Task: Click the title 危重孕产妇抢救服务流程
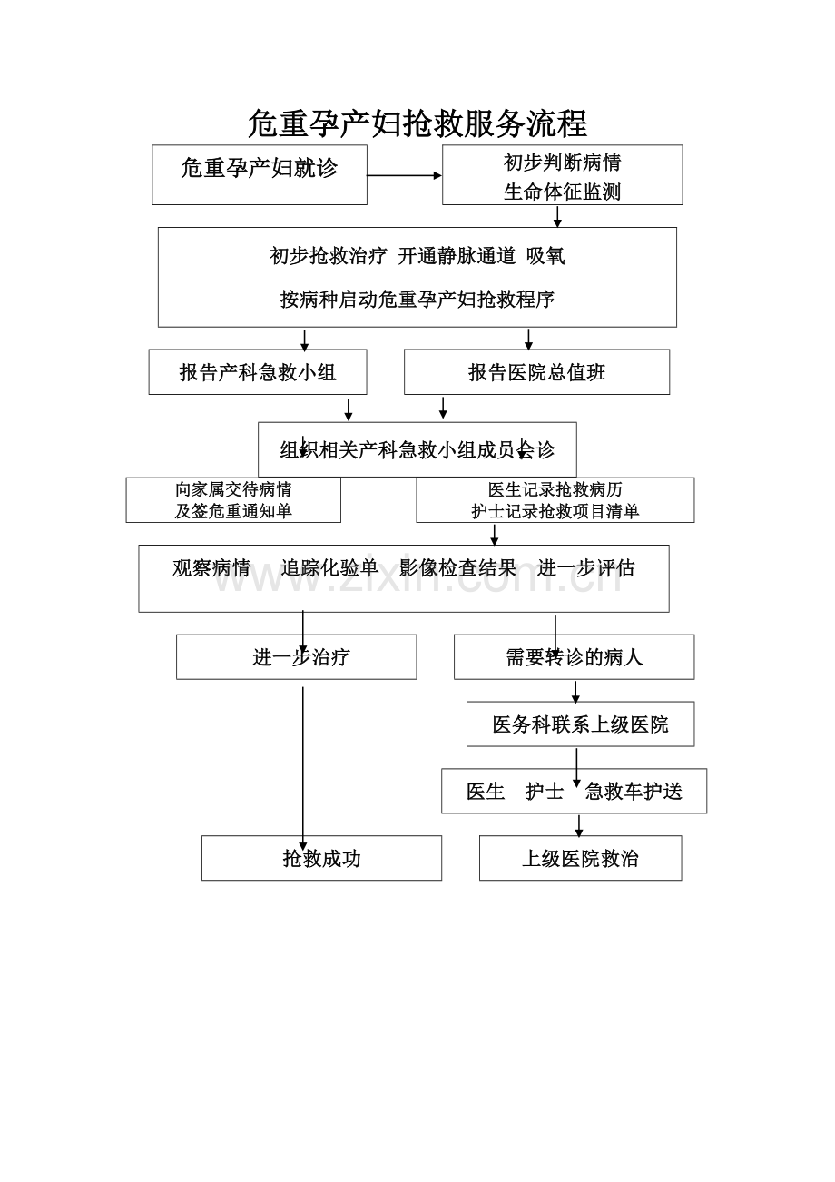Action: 417,123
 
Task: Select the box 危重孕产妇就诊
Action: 260,174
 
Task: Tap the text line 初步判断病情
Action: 562,163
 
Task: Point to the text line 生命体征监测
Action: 562,192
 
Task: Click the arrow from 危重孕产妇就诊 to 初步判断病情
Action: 404,175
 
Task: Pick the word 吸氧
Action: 545,256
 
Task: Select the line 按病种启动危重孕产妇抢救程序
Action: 417,300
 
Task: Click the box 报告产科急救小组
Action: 258,372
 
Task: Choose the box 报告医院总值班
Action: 536,372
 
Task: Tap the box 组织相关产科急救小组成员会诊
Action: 417,449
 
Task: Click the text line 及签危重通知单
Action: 233,511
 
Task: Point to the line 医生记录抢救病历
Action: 555,490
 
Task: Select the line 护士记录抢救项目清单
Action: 555,511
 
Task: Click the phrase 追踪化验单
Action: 329,568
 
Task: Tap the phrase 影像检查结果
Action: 457,568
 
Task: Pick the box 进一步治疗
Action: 296,657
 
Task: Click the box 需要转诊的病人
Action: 574,657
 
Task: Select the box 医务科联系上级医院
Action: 580,724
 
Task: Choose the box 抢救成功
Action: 321,858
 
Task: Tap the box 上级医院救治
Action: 580,858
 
